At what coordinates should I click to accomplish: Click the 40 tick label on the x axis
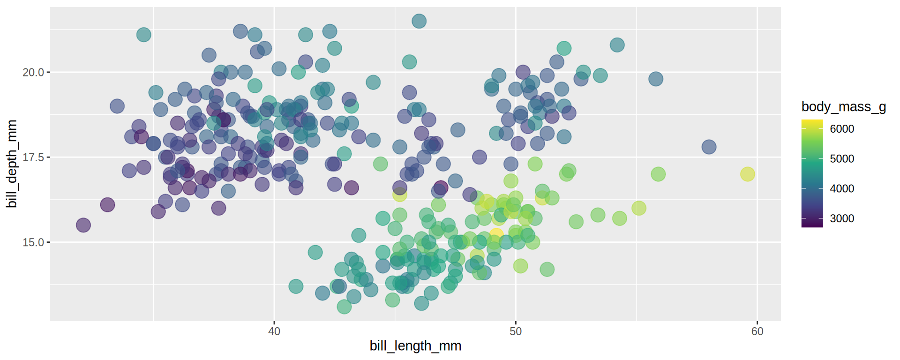(x=274, y=331)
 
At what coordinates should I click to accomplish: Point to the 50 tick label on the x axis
(x=516, y=331)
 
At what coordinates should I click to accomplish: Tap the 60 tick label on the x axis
(x=757, y=331)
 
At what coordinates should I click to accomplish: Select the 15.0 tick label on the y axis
(x=33, y=242)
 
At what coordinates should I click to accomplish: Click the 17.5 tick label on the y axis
(x=33, y=157)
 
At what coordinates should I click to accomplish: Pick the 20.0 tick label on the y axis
(x=33, y=72)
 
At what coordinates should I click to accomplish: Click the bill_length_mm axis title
(x=415, y=346)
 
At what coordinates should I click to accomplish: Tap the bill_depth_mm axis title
(x=12, y=164)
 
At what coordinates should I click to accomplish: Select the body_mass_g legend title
(x=843, y=107)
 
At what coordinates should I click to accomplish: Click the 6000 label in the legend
(x=842, y=129)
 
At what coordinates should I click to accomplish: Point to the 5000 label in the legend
(x=842, y=159)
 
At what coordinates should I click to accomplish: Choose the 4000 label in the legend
(x=842, y=188)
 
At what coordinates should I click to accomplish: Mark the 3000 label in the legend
(x=842, y=218)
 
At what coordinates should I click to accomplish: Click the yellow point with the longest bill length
(x=748, y=174)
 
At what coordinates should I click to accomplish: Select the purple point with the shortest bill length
(x=83, y=225)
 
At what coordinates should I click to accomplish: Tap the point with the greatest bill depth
(x=419, y=21)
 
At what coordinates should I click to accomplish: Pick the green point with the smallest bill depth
(x=344, y=307)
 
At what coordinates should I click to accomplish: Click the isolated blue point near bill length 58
(x=709, y=147)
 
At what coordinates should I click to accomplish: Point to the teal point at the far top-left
(x=144, y=35)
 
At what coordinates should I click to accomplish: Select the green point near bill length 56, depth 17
(x=658, y=174)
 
